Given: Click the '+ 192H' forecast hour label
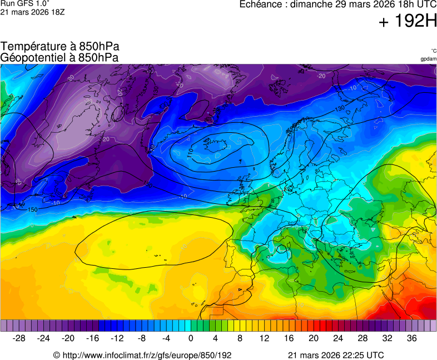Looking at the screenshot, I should (408, 21).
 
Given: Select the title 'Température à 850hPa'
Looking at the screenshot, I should (60, 47).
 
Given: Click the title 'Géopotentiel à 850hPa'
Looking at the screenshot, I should (60, 57).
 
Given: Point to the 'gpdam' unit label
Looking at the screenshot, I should (428, 59).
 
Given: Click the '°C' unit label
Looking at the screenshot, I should (433, 51).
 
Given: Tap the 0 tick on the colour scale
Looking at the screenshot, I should (191, 338).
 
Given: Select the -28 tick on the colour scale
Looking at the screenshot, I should (19, 338).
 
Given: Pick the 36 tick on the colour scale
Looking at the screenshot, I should (411, 338).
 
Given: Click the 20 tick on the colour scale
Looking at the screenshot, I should (314, 338).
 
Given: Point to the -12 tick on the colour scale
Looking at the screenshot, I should (117, 338).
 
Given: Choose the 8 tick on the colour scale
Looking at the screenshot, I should (240, 338).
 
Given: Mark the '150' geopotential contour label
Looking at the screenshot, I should (32, 209).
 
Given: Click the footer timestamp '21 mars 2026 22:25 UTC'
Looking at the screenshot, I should (336, 355).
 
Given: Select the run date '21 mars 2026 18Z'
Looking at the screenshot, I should (33, 12).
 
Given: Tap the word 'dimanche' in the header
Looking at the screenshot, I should (312, 4).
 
